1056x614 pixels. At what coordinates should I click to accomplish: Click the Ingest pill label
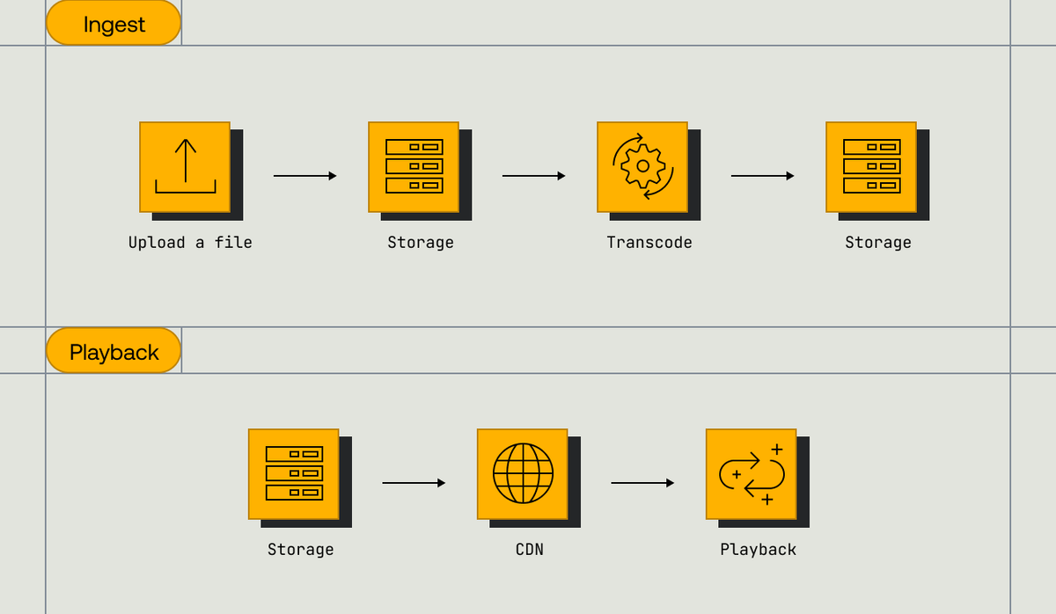click(x=114, y=24)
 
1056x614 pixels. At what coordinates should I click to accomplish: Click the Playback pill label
click(x=114, y=352)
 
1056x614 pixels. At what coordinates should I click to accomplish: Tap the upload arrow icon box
click(x=185, y=167)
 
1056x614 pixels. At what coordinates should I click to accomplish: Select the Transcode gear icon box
click(x=642, y=167)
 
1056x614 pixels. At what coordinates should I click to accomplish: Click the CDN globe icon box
click(x=523, y=474)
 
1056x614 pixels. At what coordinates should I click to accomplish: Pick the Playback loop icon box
click(x=752, y=474)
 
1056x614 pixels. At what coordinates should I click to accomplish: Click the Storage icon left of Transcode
click(x=414, y=167)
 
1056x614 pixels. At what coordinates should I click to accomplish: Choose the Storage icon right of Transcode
click(x=871, y=167)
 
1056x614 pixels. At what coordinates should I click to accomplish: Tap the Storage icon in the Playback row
click(x=294, y=474)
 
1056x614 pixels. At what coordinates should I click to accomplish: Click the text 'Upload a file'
click(x=190, y=243)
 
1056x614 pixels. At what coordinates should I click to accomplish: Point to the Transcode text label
click(x=649, y=243)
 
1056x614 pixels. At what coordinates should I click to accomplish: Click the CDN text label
click(x=530, y=550)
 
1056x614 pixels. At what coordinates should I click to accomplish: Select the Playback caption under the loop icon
click(x=759, y=550)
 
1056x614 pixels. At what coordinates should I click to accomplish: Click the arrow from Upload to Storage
click(x=304, y=176)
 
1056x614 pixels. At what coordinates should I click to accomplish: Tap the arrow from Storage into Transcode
click(x=533, y=176)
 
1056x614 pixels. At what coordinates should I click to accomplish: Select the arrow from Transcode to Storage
click(x=762, y=176)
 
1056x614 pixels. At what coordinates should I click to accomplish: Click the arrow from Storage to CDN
click(x=414, y=483)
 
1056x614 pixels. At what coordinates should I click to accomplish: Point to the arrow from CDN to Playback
click(x=642, y=483)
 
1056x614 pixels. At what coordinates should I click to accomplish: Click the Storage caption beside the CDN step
click(x=301, y=550)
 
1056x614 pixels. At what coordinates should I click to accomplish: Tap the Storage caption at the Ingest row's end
click(x=878, y=243)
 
